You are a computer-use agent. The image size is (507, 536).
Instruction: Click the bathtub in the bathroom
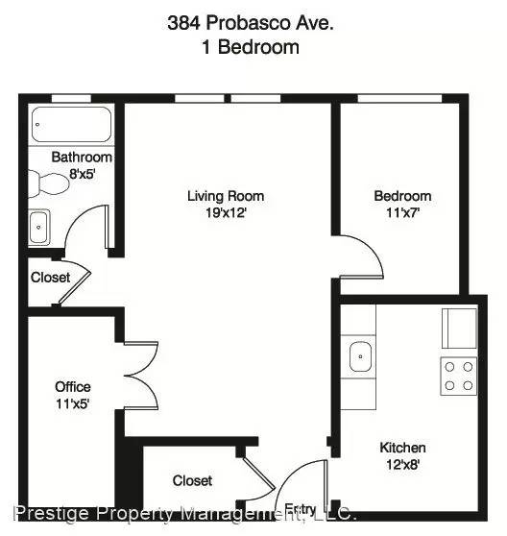(71, 125)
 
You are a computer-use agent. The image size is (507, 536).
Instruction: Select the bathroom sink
(39, 228)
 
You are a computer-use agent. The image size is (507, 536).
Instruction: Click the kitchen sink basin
(360, 357)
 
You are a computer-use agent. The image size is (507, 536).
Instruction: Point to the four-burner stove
(458, 376)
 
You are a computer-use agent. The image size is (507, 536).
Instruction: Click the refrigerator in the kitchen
(459, 329)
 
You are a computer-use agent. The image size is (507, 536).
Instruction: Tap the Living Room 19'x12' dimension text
(226, 212)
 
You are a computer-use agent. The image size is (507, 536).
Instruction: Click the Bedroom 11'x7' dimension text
(402, 212)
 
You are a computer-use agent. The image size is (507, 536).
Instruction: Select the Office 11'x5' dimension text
(72, 403)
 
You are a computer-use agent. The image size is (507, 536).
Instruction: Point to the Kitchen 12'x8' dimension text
(402, 465)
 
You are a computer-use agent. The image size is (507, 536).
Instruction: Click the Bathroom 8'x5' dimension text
(82, 174)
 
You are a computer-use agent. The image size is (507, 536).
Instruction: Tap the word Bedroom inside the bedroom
(402, 196)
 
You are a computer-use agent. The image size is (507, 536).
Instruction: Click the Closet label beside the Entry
(192, 480)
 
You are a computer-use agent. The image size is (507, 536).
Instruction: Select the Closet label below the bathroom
(50, 278)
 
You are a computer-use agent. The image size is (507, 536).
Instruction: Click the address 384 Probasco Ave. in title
(251, 23)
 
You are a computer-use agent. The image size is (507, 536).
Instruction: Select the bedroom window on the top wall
(399, 98)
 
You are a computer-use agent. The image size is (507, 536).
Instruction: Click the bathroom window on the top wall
(71, 98)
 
